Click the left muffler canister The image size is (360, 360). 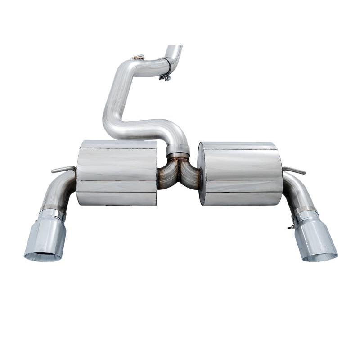[x=117, y=173]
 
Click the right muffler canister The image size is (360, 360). [x=241, y=173]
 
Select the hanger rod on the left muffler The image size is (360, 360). [x=63, y=169]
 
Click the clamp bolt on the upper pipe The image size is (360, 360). [x=165, y=78]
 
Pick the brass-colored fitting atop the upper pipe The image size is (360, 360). [x=138, y=57]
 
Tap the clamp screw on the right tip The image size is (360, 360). [x=290, y=227]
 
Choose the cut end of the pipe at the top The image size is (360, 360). [x=174, y=47]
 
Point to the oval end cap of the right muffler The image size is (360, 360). [x=202, y=173]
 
